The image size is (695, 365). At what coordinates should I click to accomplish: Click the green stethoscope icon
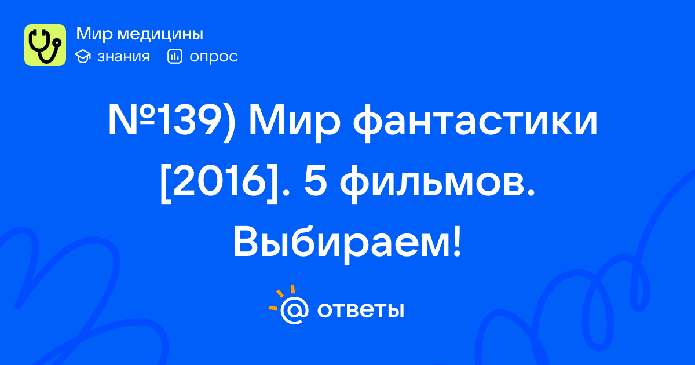tap(45, 45)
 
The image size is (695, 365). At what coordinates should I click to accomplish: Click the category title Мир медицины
tap(140, 34)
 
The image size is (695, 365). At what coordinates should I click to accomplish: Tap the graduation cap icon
tap(83, 57)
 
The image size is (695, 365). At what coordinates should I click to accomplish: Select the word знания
tap(123, 57)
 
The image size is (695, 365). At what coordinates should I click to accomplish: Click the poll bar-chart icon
tap(175, 56)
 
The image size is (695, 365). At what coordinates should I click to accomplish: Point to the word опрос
tap(214, 57)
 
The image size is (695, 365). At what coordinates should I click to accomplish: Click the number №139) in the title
tap(171, 122)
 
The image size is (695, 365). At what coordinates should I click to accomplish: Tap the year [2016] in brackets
tap(219, 184)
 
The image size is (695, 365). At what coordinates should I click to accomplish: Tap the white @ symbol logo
tap(294, 310)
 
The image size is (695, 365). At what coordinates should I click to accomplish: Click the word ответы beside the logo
tap(360, 311)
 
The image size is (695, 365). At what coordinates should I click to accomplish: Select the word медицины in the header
tap(160, 34)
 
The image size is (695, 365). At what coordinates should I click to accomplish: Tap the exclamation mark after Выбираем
tap(457, 242)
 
